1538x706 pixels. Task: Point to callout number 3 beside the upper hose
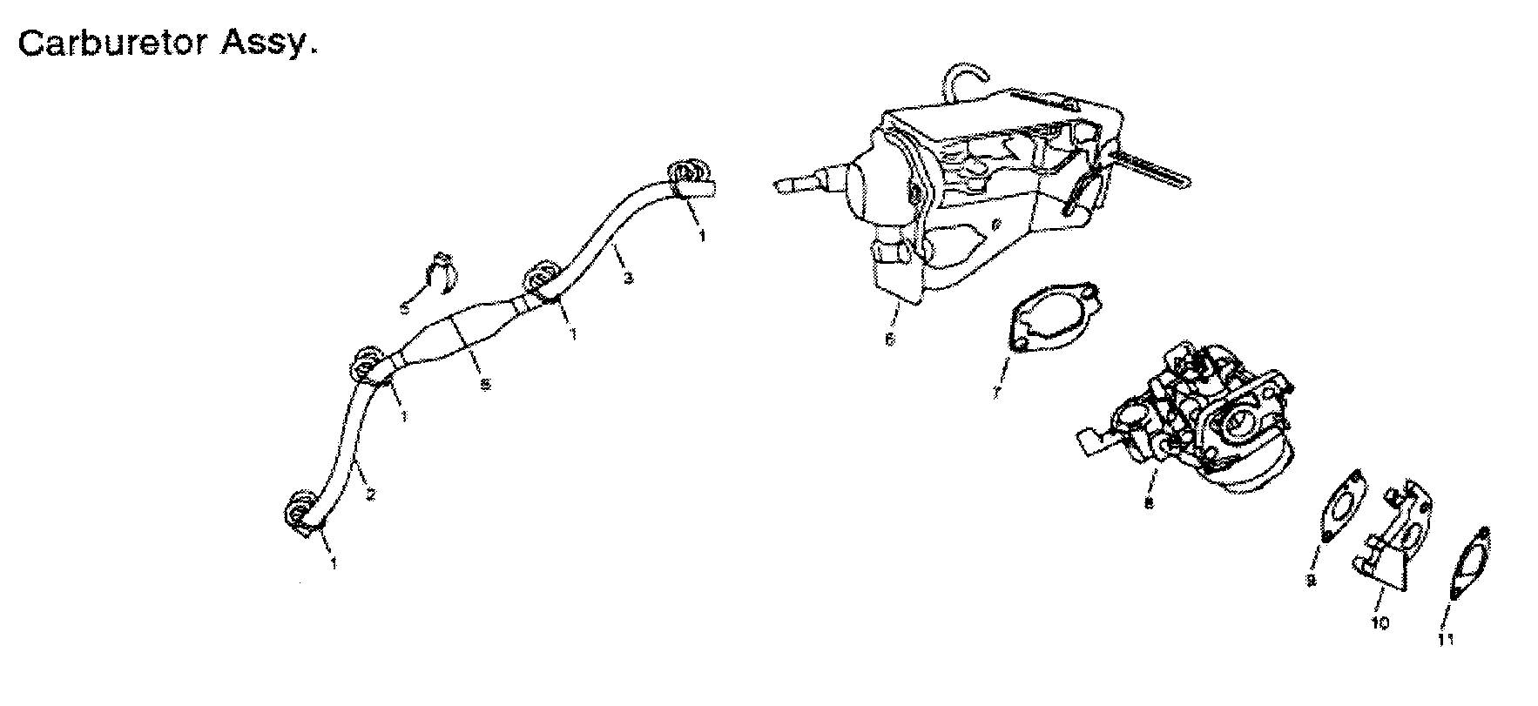(x=629, y=279)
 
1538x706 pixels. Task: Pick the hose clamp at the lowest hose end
(x=301, y=511)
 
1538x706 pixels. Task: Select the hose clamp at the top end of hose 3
(x=687, y=178)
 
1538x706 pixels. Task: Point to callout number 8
(x=1149, y=503)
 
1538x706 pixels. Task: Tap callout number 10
(x=1380, y=623)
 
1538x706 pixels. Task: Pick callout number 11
(x=1447, y=640)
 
